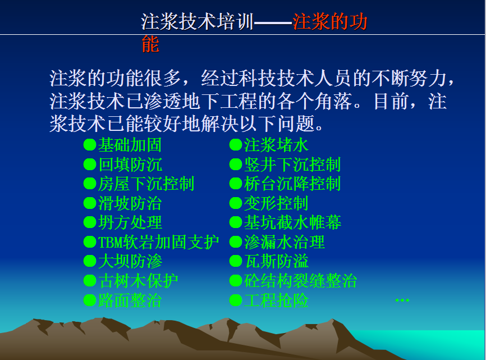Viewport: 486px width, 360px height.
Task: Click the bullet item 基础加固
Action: click(x=130, y=145)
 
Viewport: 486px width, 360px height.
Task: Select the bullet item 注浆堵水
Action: click(x=276, y=145)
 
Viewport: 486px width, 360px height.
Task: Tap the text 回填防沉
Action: click(x=130, y=165)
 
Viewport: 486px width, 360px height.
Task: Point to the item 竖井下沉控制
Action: click(x=292, y=165)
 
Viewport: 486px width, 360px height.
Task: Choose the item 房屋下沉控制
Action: click(x=146, y=184)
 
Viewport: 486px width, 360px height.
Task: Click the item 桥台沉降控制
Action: click(x=292, y=184)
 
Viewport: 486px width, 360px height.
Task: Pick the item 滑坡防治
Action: click(x=130, y=203)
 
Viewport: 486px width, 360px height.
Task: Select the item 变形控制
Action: click(x=276, y=203)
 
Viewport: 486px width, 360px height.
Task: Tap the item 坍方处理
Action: click(x=130, y=222)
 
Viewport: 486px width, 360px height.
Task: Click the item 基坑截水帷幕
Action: click(x=292, y=222)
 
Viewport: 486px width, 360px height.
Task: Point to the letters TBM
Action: click(x=111, y=242)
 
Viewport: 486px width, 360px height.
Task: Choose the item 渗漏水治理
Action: click(x=284, y=242)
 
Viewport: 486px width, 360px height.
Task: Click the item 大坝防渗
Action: click(x=130, y=261)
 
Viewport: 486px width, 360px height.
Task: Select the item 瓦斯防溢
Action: click(x=276, y=261)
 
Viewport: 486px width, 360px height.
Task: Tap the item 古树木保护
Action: click(x=138, y=281)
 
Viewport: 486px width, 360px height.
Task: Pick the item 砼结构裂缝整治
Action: click(x=300, y=281)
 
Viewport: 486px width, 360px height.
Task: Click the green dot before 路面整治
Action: click(x=90, y=300)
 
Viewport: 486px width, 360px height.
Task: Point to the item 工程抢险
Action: click(x=276, y=300)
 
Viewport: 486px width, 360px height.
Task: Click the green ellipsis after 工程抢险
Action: click(x=402, y=300)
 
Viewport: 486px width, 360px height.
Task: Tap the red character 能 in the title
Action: click(x=150, y=44)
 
